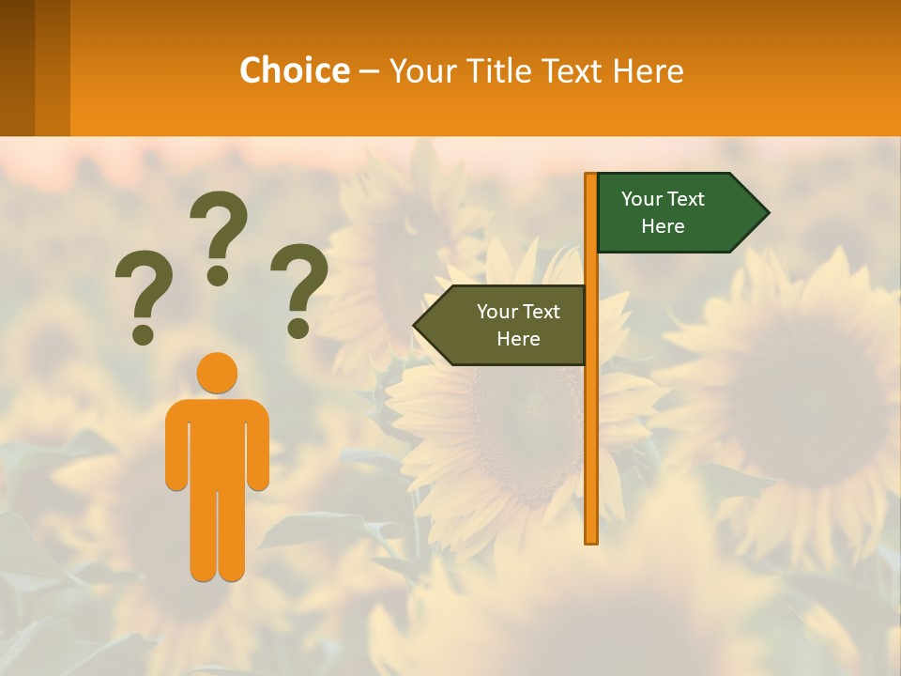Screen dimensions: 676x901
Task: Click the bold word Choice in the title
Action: point(294,70)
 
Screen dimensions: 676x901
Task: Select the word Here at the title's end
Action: point(647,70)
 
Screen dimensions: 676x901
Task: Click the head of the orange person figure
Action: point(217,373)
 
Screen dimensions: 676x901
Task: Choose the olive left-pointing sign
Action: point(507,325)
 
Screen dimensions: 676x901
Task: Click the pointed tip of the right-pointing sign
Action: point(764,213)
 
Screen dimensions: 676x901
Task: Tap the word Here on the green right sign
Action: point(663,226)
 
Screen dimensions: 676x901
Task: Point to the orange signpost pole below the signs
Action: point(591,451)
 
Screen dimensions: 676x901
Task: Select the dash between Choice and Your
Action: point(369,71)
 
